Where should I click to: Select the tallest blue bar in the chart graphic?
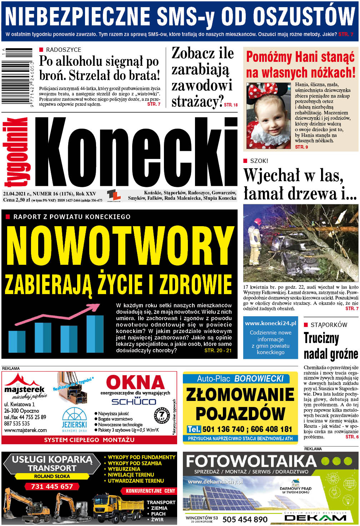pos(95,334)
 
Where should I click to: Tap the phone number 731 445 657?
pos(52,486)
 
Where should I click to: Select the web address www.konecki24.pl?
pos(270,323)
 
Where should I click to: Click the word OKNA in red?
pos(135,382)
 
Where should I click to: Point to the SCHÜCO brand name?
pos(134,402)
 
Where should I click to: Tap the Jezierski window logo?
pos(74,420)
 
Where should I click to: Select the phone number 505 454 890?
pos(245,519)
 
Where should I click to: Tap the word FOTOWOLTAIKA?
pos(251,461)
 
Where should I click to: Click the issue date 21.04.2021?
pos(16,194)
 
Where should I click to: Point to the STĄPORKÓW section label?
pos(329,325)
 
